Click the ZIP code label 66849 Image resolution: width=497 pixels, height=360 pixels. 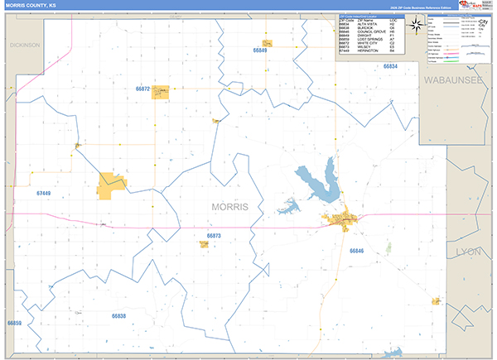pyautogui.click(x=261, y=50)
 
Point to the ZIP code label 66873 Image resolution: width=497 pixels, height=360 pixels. pyautogui.click(x=213, y=236)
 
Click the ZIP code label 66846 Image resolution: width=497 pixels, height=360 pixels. pyautogui.click(x=357, y=249)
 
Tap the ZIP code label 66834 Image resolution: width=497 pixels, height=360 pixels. pyautogui.click(x=389, y=66)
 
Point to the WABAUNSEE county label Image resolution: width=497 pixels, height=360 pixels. pyautogui.click(x=455, y=80)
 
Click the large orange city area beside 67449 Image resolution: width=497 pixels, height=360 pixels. pyautogui.click(x=110, y=186)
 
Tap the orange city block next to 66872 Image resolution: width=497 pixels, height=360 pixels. pyautogui.click(x=161, y=90)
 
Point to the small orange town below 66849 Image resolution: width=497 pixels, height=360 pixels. pyautogui.click(x=268, y=43)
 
